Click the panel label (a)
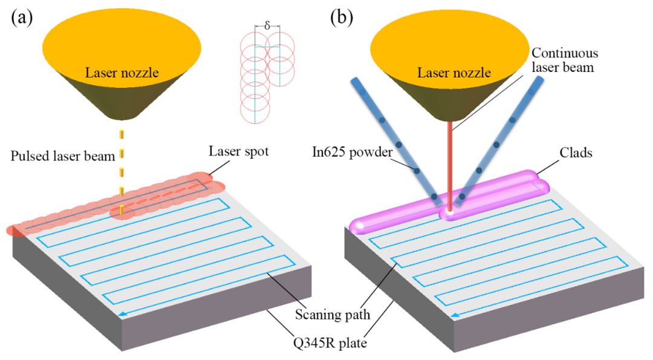click(22, 18)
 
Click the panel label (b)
click(342, 18)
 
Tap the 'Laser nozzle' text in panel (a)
click(122, 73)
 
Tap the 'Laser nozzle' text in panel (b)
click(454, 73)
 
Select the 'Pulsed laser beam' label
click(63, 156)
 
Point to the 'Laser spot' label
click(239, 151)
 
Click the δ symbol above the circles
click(267, 26)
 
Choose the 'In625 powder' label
click(352, 152)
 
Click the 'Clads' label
click(576, 152)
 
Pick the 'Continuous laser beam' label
click(565, 60)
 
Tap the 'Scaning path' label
click(333, 315)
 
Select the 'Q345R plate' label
click(330, 343)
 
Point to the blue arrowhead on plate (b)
click(456, 315)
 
